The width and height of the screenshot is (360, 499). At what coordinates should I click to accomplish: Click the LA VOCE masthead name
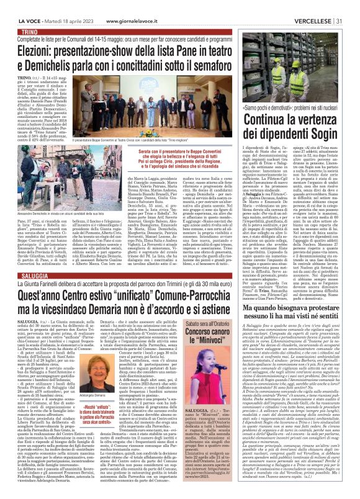point(18,6)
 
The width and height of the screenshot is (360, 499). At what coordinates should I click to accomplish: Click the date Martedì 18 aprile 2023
point(60,6)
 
